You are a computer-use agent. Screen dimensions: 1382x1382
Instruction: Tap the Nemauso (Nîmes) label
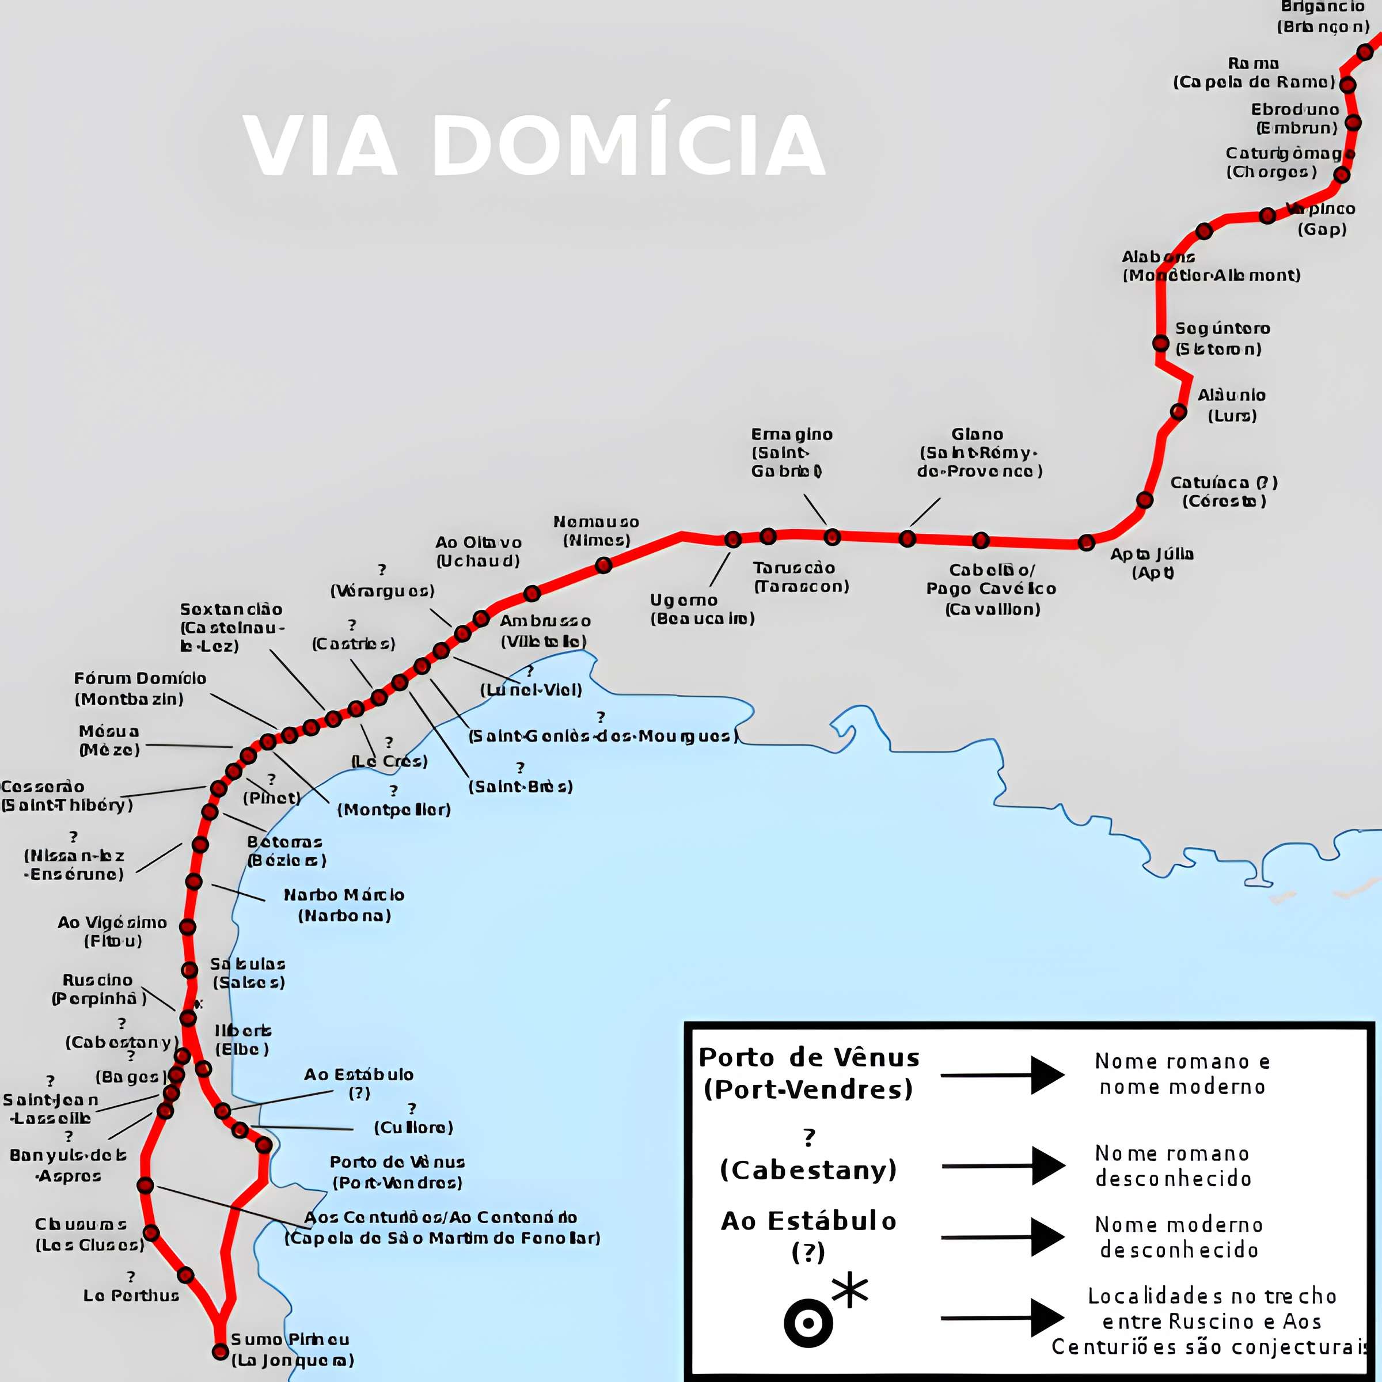tap(596, 531)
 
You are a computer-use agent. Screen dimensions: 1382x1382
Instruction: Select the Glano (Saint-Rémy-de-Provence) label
tap(978, 452)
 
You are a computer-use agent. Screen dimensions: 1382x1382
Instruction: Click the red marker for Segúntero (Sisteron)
tap(1161, 343)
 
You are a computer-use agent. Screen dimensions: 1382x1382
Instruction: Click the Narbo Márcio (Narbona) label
tap(344, 905)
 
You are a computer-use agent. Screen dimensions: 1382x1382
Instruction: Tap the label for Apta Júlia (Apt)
tap(1152, 563)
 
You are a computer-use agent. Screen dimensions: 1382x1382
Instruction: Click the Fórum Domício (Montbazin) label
tap(139, 688)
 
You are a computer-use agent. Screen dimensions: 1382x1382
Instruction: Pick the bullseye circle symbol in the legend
tap(808, 1323)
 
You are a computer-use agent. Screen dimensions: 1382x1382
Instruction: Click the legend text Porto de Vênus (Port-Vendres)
tap(808, 1073)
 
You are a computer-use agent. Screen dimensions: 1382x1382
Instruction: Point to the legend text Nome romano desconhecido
tap(1172, 1166)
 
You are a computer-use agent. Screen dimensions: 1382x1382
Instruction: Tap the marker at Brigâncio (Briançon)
tap(1365, 51)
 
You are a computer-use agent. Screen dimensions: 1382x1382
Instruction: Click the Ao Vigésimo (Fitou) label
tap(112, 931)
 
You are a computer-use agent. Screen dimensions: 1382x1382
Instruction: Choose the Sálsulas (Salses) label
tap(248, 973)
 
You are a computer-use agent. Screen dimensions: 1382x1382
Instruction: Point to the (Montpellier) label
tap(393, 809)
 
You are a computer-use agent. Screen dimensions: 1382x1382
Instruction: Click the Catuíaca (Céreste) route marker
tap(1145, 500)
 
